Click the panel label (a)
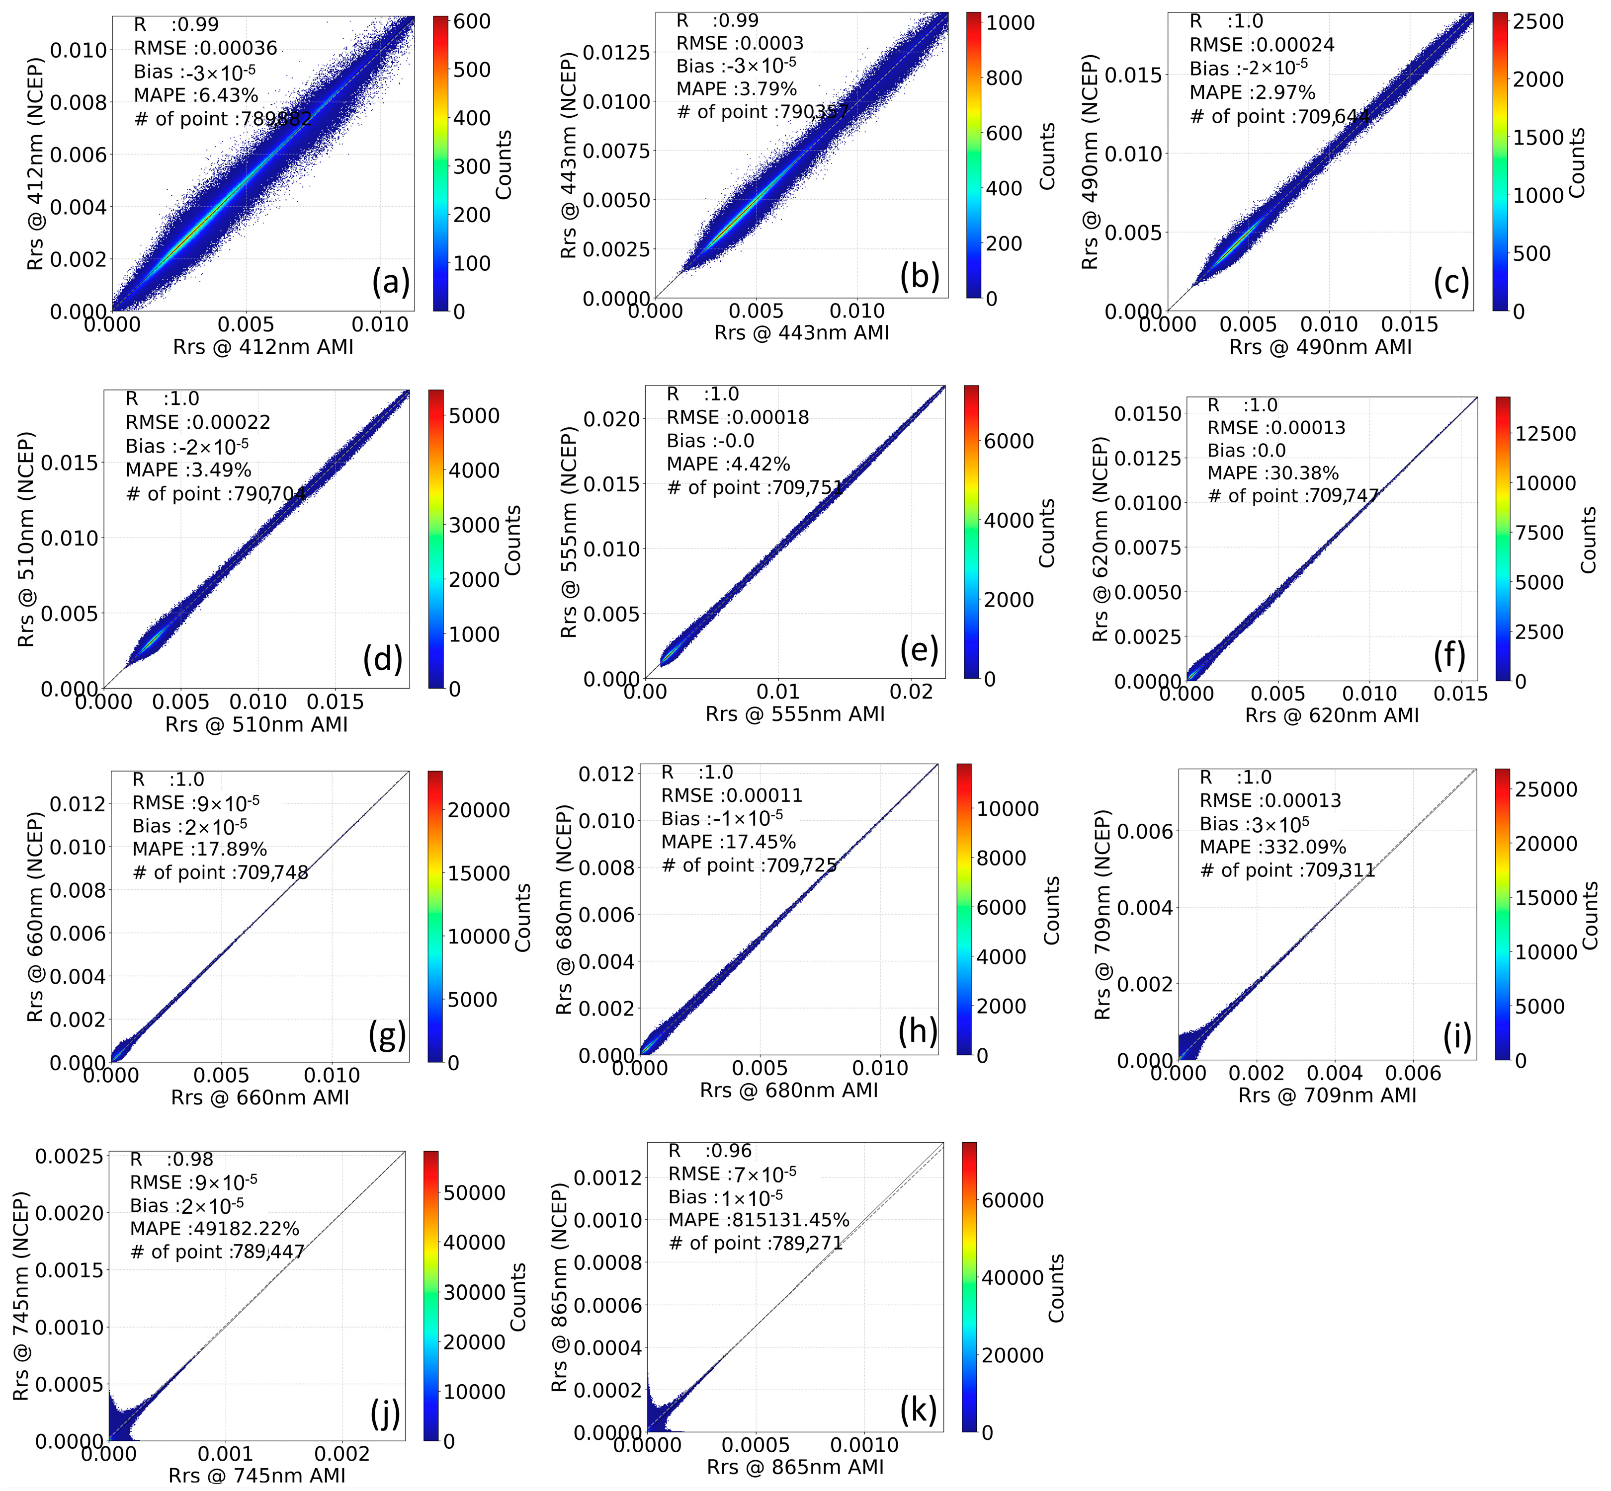[391, 282]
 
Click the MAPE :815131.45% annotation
[759, 1219]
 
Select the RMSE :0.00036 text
[205, 48]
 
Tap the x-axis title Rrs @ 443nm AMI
[801, 332]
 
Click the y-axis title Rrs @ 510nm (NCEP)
[27, 539]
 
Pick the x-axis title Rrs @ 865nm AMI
[795, 1467]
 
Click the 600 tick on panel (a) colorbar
[472, 22]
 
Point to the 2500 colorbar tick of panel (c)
[1538, 22]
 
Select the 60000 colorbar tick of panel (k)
[1013, 1200]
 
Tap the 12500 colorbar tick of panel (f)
[1545, 434]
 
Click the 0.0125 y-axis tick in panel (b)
[616, 53]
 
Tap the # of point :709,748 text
[220, 872]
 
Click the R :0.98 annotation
[172, 1160]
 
